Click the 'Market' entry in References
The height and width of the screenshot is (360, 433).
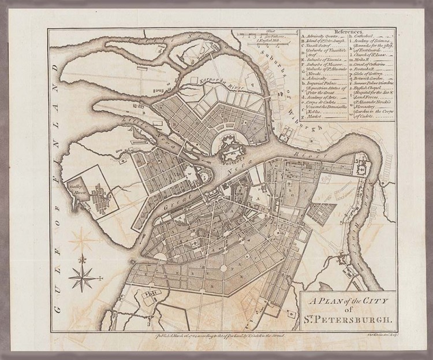pyautogui.click(x=314, y=117)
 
